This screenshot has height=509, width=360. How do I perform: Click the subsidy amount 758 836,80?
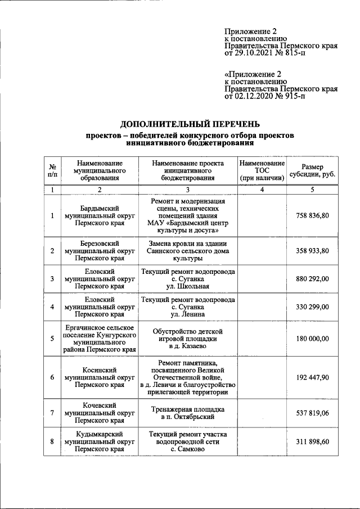[x=313, y=216]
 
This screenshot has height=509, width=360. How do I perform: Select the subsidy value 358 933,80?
[x=313, y=251]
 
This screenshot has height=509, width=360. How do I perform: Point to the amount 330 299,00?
[x=313, y=307]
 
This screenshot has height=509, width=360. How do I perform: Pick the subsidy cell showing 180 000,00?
[x=313, y=339]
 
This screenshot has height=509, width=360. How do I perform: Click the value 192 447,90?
[x=313, y=377]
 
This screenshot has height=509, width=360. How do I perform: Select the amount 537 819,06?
[x=313, y=413]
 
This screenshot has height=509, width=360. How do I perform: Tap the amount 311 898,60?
[x=313, y=442]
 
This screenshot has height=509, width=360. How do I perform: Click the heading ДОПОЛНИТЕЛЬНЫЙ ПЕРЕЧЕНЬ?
[x=190, y=124]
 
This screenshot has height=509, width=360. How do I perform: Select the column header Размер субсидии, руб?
[x=313, y=170]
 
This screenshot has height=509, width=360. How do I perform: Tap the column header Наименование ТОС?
[x=262, y=170]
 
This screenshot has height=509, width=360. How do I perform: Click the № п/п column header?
[x=52, y=170]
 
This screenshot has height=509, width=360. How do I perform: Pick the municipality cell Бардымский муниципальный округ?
[x=100, y=216]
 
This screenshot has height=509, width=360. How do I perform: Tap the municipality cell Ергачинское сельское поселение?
[x=100, y=339]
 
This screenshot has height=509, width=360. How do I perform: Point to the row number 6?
[x=52, y=377]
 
